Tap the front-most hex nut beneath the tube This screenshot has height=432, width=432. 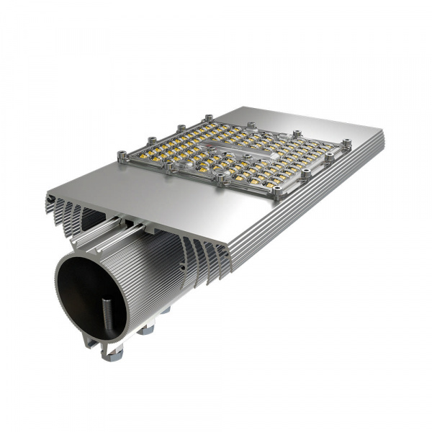(112, 352)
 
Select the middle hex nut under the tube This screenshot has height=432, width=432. (146, 329)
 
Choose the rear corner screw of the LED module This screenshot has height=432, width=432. (209, 117)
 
